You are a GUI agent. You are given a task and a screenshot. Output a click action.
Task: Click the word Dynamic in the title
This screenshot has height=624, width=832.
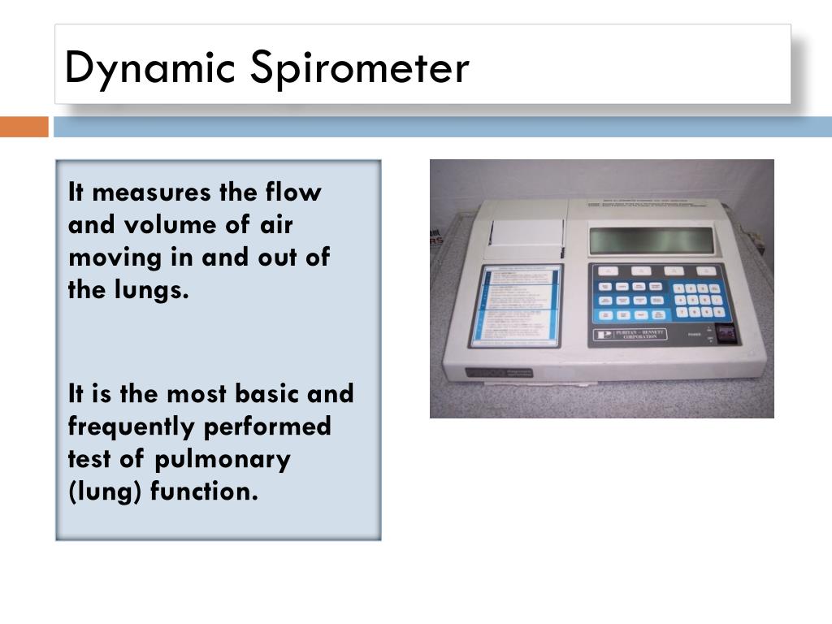point(151,68)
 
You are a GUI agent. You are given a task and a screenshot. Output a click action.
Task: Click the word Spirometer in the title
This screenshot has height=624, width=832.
point(359,68)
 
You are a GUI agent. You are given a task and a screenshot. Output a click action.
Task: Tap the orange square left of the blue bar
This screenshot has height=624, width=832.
point(24,127)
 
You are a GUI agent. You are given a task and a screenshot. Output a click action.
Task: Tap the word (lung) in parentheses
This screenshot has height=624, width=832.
point(105,492)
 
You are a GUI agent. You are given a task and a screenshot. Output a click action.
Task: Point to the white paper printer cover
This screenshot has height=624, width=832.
point(528,233)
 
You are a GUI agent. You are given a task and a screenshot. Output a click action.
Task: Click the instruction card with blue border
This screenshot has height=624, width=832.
point(514,305)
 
